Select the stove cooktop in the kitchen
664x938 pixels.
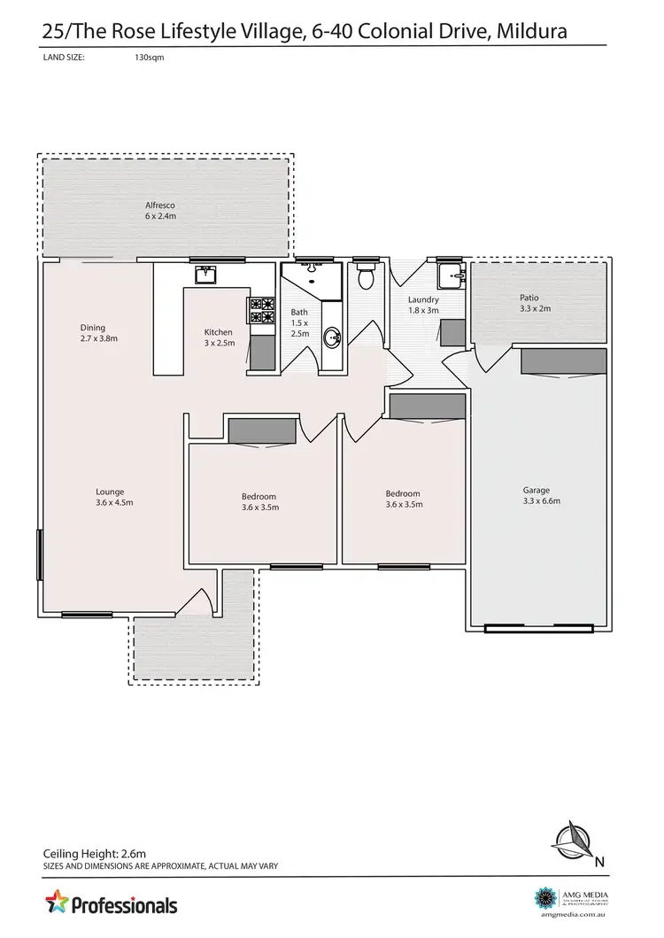click(261, 310)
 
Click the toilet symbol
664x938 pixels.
click(365, 277)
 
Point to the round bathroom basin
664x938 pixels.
click(332, 337)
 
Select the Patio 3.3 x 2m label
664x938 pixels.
click(529, 303)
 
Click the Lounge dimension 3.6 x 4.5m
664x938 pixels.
click(111, 502)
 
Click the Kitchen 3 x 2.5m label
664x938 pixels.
click(219, 337)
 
